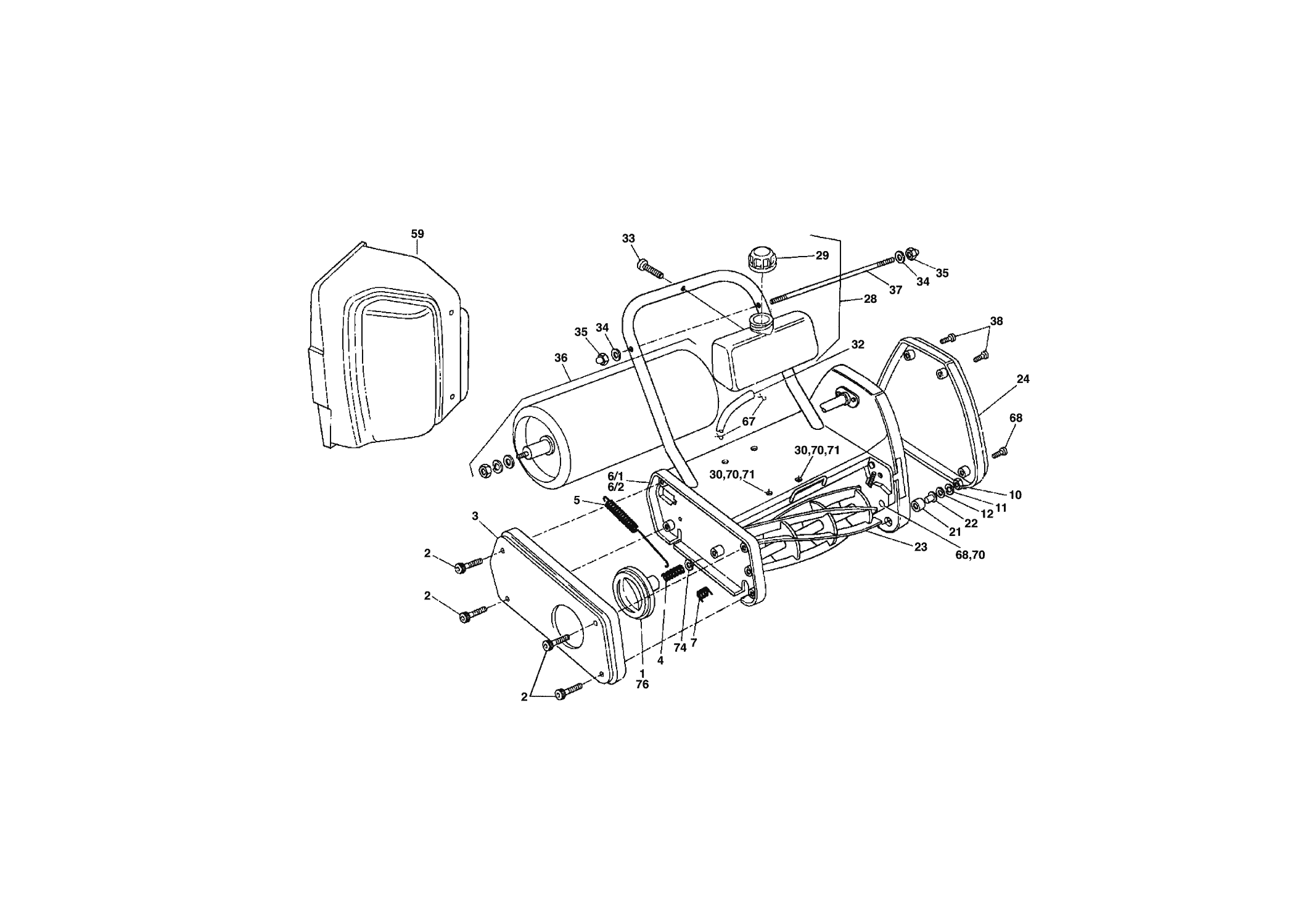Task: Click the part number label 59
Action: (x=417, y=234)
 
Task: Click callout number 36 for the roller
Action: (x=560, y=357)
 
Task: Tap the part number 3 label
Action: (x=475, y=516)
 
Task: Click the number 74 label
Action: (x=680, y=648)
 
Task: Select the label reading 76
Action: (x=642, y=684)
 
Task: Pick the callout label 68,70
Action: (x=971, y=554)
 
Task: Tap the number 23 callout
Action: (x=921, y=546)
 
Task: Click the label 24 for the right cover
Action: (x=1023, y=379)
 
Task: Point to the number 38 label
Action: (x=996, y=321)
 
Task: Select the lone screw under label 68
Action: (x=1000, y=453)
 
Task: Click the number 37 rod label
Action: (x=895, y=290)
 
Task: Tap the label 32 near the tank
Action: (x=858, y=345)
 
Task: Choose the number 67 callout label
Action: (x=749, y=422)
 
